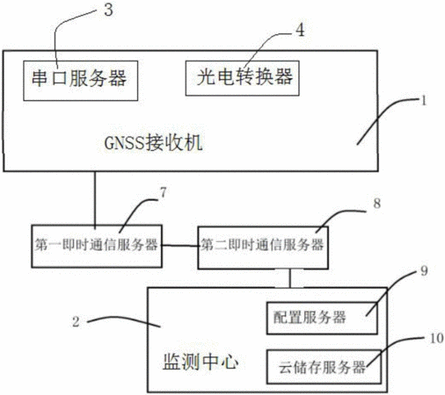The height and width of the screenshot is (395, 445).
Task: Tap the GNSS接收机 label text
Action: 153,143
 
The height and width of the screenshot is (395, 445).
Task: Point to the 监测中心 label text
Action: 201,362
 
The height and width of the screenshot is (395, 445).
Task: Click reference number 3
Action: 108,10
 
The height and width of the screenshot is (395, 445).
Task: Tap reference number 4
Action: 300,30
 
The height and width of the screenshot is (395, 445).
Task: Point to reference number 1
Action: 423,101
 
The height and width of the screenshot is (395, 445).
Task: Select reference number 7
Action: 163,192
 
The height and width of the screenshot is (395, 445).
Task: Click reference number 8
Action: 377,203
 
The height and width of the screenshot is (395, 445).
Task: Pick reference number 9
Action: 424,271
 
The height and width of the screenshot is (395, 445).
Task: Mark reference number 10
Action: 436,338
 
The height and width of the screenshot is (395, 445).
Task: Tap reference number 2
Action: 76,322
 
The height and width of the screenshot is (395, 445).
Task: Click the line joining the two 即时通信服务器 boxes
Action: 180,246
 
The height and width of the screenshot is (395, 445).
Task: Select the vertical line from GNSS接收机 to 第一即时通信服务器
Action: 95,198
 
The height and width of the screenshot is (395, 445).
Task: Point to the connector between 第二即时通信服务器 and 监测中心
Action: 290,278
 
